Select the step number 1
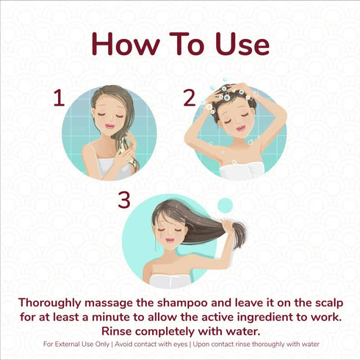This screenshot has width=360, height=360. click(59, 98)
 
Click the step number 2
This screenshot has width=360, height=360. click(190, 98)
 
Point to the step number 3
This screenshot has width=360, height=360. click(124, 200)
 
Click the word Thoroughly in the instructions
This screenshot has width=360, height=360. click(50, 303)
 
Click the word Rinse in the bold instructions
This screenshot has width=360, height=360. click(117, 331)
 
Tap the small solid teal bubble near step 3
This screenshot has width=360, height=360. click(225, 205)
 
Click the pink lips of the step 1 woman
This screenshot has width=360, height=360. click(110, 126)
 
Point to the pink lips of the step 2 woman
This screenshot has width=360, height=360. click(240, 128)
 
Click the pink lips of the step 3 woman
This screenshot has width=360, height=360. click(169, 240)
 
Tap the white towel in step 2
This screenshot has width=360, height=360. click(242, 170)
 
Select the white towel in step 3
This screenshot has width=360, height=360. click(170, 281)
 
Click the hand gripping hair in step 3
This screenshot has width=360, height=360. click(228, 226)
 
